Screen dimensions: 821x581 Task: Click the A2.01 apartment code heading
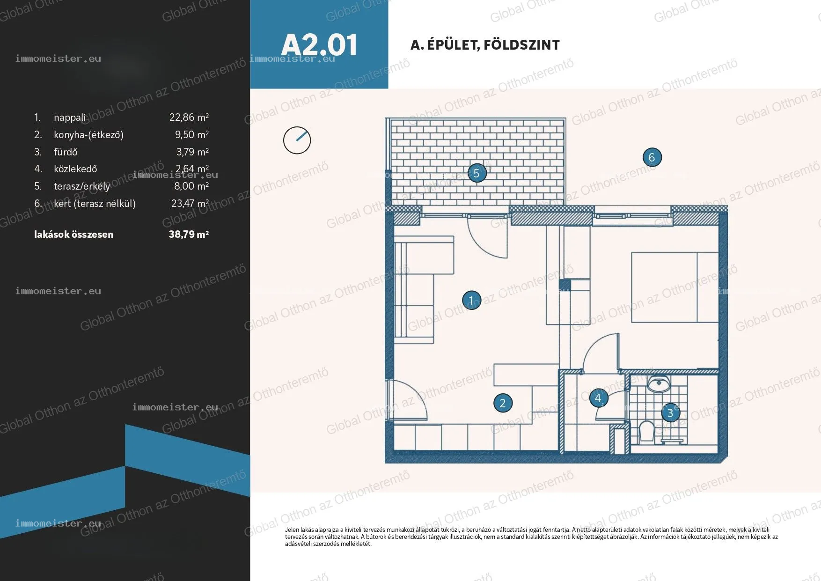click(x=319, y=45)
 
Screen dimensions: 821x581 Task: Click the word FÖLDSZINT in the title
click(x=521, y=45)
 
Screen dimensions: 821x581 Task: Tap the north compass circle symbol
click(x=297, y=140)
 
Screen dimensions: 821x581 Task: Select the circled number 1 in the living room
click(x=471, y=300)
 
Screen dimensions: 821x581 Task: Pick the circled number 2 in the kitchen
click(x=503, y=403)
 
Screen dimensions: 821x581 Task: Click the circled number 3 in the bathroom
click(x=670, y=412)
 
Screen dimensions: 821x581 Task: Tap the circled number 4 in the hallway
click(x=598, y=398)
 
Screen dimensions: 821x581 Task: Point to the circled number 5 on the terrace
click(x=476, y=173)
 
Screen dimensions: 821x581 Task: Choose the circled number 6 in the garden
click(x=652, y=157)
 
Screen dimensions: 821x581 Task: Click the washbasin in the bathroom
click(x=659, y=383)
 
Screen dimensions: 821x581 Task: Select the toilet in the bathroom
click(x=646, y=431)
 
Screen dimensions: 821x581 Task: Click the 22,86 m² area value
click(x=189, y=117)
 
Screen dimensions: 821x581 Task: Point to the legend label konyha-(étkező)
click(x=88, y=135)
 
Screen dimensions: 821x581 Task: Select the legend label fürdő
click(x=66, y=152)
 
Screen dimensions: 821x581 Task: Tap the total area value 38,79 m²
click(x=189, y=234)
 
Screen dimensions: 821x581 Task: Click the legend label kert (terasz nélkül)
click(x=95, y=204)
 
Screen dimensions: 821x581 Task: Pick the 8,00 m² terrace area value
click(x=191, y=186)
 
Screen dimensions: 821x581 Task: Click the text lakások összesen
click(x=73, y=235)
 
